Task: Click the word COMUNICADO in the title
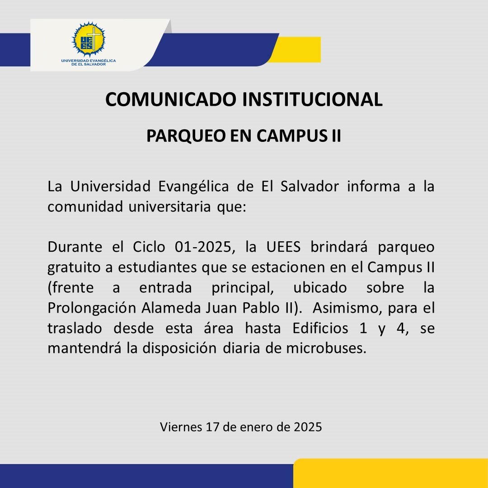(171, 99)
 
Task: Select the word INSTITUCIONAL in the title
(312, 99)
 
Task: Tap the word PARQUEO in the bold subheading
(187, 136)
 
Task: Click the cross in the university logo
(94, 38)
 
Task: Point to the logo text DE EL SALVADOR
(89, 65)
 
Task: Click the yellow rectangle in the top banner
(295, 50)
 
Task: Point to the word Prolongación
(92, 308)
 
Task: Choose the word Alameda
(171, 308)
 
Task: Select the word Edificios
(320, 328)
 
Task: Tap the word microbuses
(326, 348)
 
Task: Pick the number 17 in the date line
(212, 427)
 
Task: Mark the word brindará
(339, 247)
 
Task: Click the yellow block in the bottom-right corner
(390, 473)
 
